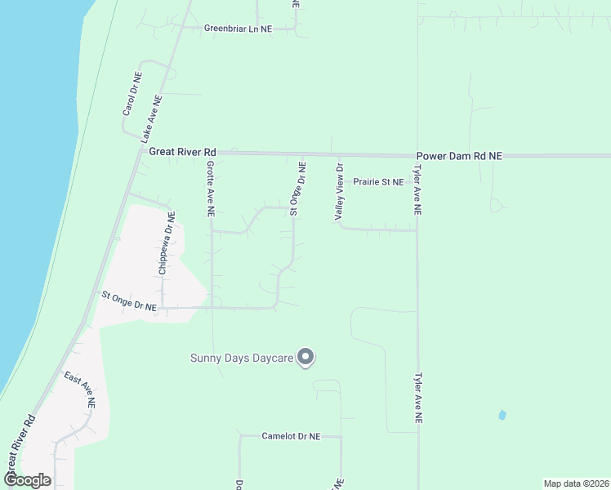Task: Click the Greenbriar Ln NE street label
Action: (x=238, y=29)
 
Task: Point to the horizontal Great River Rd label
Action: (x=182, y=152)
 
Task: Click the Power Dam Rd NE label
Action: (x=458, y=155)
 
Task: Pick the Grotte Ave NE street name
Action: (x=210, y=188)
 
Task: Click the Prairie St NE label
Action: (x=378, y=182)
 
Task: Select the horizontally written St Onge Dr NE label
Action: (x=129, y=301)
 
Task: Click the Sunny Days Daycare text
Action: (x=241, y=358)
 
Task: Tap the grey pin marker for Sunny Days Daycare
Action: (x=305, y=357)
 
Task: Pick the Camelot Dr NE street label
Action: (x=291, y=437)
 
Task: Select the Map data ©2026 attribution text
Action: (x=575, y=483)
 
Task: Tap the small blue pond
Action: (x=501, y=415)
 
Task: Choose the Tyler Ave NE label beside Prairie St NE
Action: (x=417, y=190)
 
